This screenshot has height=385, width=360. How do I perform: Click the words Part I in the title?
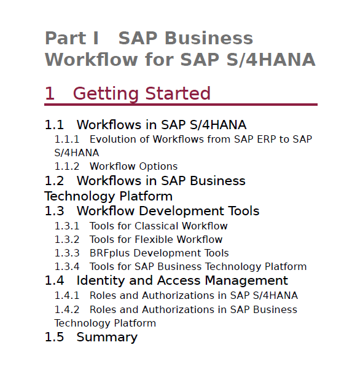tap(72, 38)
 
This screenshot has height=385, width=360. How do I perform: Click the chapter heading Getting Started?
tap(142, 94)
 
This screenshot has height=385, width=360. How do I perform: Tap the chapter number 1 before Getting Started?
tap(50, 93)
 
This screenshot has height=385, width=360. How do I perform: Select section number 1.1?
tap(54, 125)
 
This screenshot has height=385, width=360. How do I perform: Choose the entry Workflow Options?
tap(134, 167)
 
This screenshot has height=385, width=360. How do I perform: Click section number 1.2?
tap(54, 181)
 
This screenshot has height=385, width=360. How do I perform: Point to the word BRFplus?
tap(109, 253)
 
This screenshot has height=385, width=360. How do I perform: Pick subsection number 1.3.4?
tap(67, 267)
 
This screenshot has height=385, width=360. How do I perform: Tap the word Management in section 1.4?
tap(246, 280)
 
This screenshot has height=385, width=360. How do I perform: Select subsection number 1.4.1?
tap(67, 296)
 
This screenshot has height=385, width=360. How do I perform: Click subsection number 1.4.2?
tap(67, 310)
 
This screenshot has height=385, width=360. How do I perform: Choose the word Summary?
tap(107, 338)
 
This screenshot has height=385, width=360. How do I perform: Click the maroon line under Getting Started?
tap(181, 105)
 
